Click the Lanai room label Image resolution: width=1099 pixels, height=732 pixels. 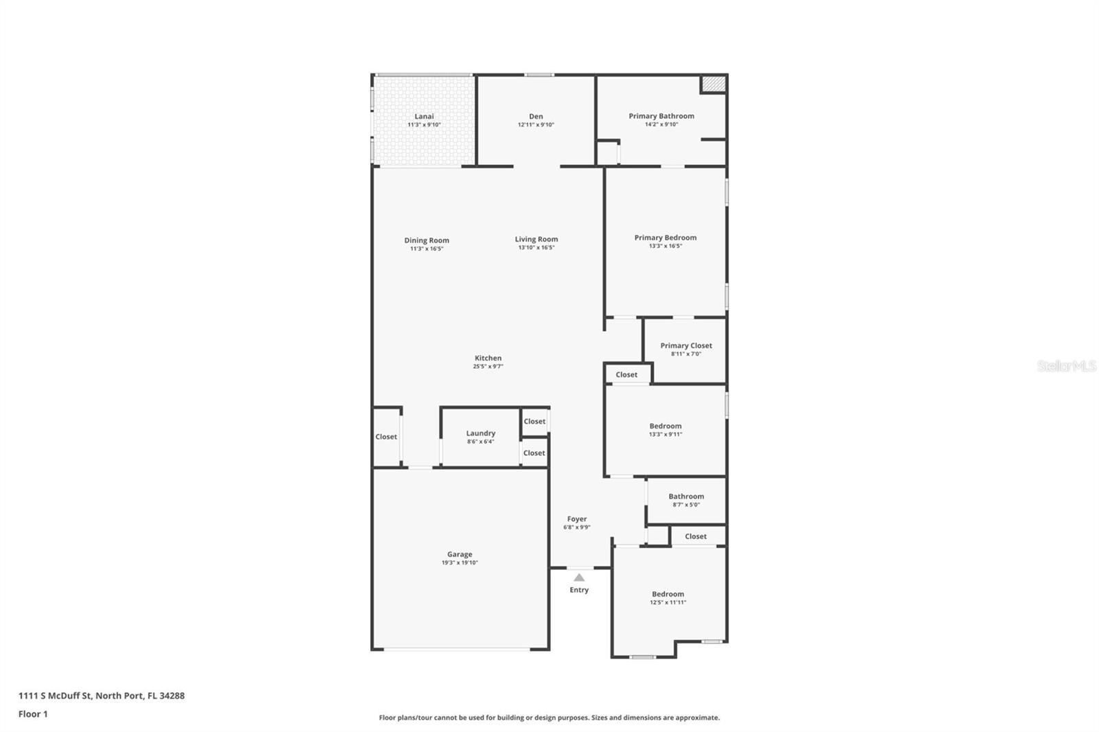click(424, 116)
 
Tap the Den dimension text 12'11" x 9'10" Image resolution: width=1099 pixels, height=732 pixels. click(536, 125)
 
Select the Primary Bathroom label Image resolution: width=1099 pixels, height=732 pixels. click(661, 116)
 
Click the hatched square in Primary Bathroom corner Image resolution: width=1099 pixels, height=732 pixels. click(714, 84)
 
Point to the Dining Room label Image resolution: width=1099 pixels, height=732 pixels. click(427, 240)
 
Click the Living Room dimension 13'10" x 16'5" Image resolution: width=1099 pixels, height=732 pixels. click(536, 248)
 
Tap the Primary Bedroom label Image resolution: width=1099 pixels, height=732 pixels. click(665, 238)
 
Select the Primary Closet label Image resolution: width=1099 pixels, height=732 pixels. click(686, 345)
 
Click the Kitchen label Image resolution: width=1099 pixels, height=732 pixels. click(488, 358)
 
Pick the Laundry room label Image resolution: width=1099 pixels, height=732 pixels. click(481, 433)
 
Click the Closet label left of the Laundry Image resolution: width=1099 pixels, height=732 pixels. click(386, 437)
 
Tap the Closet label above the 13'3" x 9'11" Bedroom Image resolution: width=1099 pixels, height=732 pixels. click(626, 375)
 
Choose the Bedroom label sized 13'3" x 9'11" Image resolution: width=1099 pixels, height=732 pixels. click(666, 426)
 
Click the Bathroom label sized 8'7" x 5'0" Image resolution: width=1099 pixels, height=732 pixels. click(686, 496)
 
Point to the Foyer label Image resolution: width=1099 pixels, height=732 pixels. click(577, 519)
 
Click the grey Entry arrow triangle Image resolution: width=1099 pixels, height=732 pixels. click(579, 577)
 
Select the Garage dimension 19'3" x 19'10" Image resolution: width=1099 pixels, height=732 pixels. click(460, 563)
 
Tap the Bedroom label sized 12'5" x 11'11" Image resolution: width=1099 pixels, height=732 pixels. click(668, 594)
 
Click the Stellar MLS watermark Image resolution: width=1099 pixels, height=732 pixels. click(1066, 367)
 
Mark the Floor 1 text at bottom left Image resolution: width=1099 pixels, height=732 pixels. click(33, 714)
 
